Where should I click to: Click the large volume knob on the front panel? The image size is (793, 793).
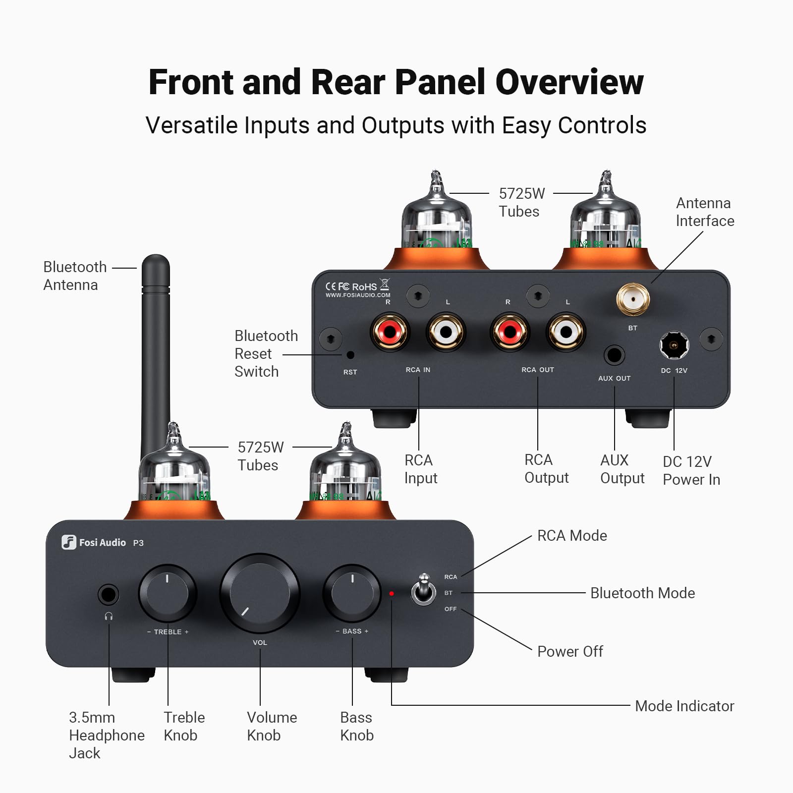click(260, 593)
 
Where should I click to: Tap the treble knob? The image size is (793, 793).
click(168, 593)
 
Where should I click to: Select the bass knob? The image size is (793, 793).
click(352, 593)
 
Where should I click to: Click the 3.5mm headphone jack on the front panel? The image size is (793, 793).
click(109, 594)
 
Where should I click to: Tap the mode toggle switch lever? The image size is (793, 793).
click(424, 587)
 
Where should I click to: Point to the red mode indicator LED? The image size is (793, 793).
click(392, 593)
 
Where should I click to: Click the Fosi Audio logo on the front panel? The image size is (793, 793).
click(94, 542)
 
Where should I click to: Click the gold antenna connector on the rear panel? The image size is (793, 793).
click(633, 299)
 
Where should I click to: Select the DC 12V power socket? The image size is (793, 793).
click(674, 345)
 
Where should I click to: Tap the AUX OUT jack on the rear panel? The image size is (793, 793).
click(614, 355)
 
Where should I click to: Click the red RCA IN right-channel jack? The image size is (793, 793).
click(390, 332)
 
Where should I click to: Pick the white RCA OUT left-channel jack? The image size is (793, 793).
click(566, 332)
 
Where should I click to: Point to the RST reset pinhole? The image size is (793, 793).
click(350, 355)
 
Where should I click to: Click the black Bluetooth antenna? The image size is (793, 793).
click(156, 347)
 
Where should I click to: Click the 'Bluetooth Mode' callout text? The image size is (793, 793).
click(642, 593)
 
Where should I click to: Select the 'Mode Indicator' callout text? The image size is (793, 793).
click(684, 706)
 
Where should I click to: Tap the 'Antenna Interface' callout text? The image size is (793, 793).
click(704, 212)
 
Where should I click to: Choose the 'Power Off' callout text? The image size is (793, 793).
click(570, 651)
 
